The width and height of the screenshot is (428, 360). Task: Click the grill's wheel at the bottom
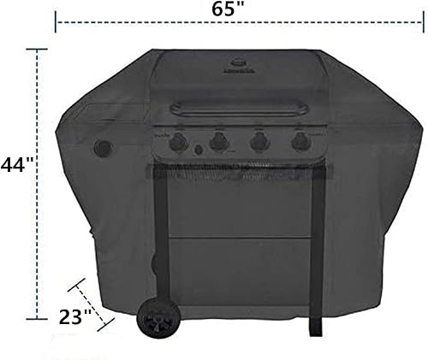[x=156, y=323]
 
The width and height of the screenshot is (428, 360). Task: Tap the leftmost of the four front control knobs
[x=180, y=142]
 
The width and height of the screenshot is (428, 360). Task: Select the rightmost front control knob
[x=300, y=142]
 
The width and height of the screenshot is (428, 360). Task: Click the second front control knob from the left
[x=219, y=142]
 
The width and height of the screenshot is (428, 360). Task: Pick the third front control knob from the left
[x=259, y=142]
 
